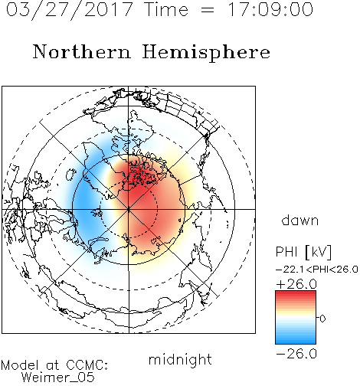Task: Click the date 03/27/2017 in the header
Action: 70,9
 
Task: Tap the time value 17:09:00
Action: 270,9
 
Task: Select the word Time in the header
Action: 166,9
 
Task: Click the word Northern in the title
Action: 82,51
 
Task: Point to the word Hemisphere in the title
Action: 206,53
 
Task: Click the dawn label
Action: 300,220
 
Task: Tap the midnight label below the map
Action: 180,359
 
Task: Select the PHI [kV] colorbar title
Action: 303,252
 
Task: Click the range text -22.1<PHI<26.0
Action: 317,270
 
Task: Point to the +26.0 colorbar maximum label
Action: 296,284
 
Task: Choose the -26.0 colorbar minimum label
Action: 296,354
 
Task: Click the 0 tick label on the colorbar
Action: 322,319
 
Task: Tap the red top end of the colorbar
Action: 296,293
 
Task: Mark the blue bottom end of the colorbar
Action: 296,342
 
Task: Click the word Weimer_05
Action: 58,378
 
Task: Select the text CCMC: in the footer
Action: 87,365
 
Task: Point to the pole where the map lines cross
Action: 129,209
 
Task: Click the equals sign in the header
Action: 208,10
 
